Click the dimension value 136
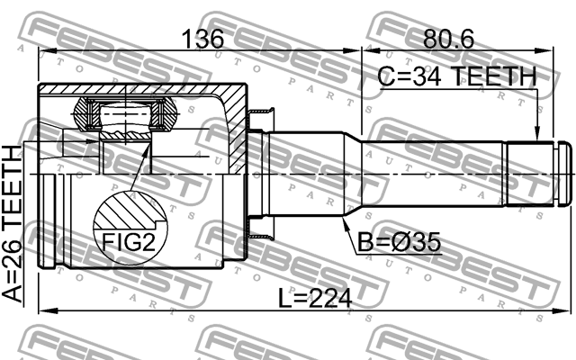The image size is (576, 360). pyautogui.click(x=203, y=39)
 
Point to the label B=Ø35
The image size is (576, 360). pyautogui.click(x=397, y=242)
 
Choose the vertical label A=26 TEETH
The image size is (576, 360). pyautogui.click(x=13, y=225)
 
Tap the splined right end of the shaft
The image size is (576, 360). pyautogui.click(x=532, y=172)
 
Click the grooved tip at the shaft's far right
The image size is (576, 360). pyautogui.click(x=565, y=172)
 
